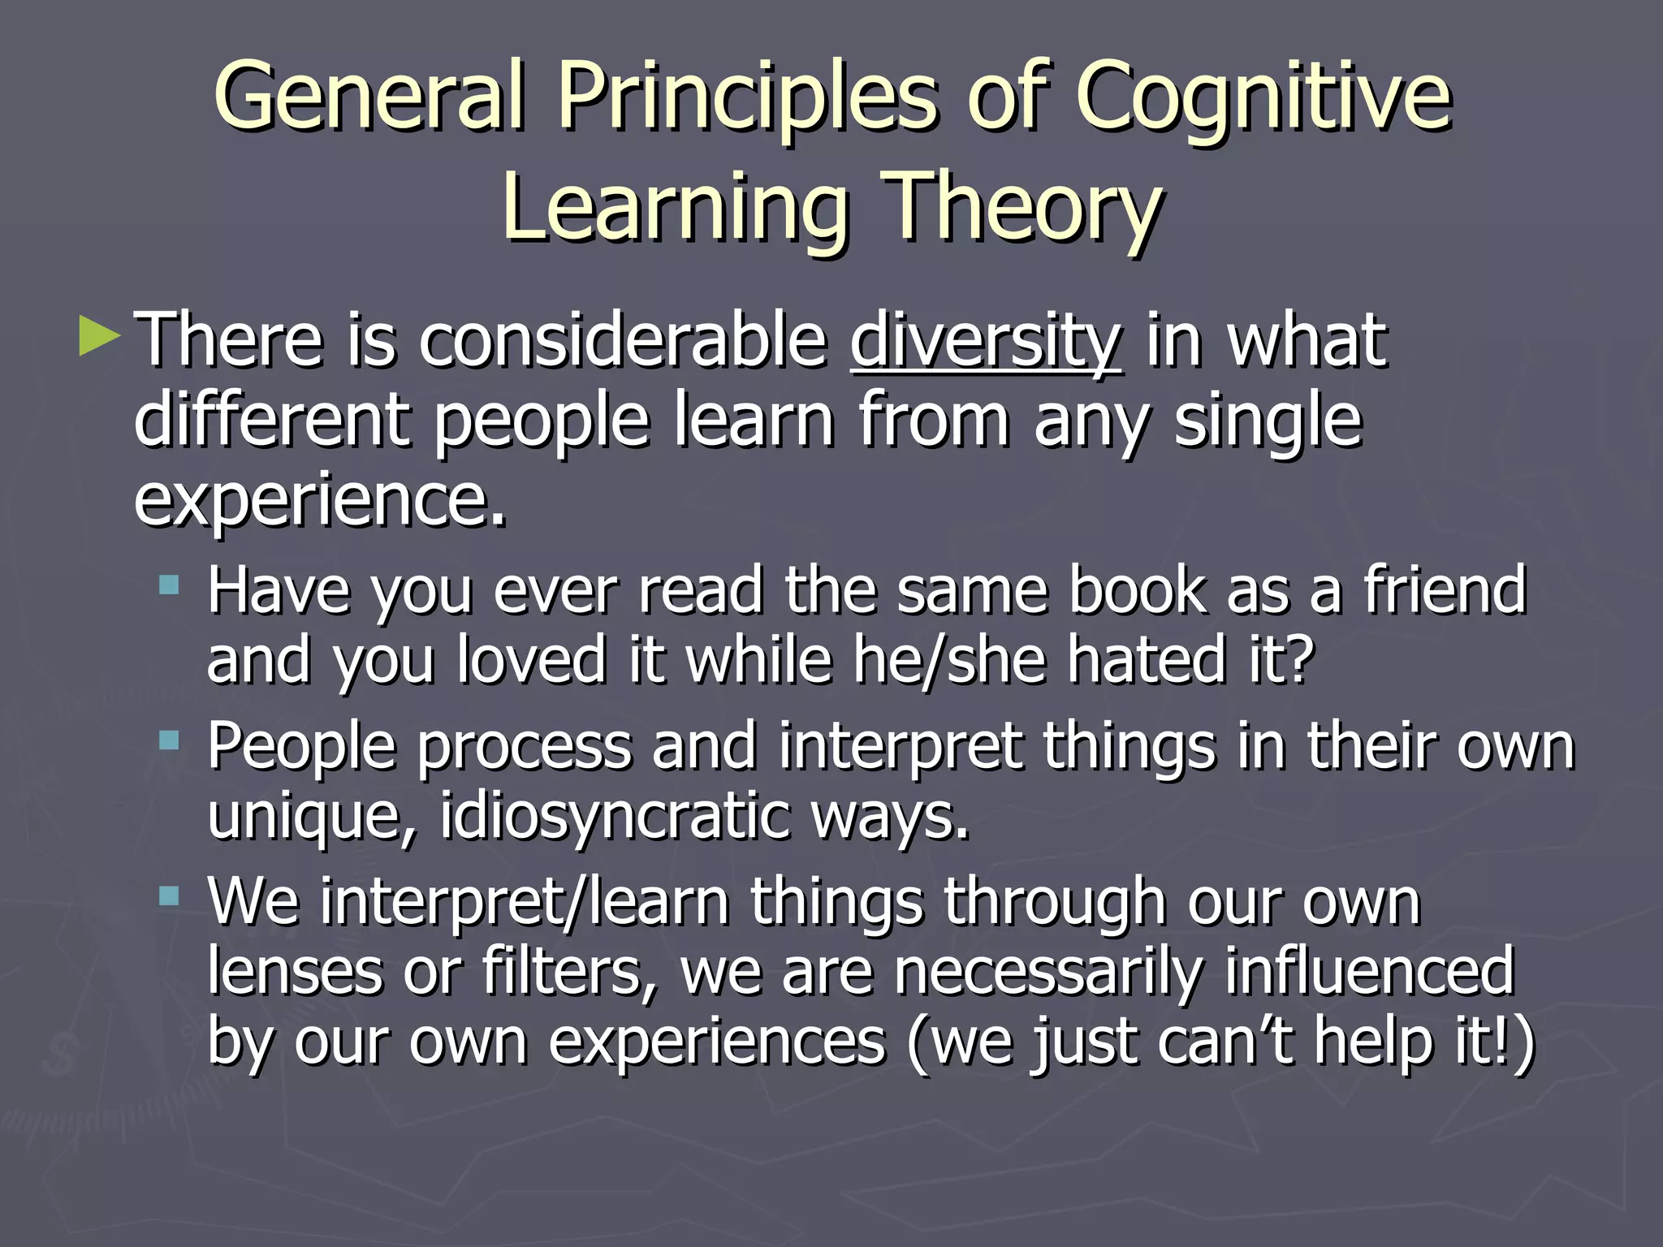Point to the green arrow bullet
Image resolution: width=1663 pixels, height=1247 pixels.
tap(99, 336)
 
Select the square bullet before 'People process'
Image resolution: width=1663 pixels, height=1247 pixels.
tap(169, 740)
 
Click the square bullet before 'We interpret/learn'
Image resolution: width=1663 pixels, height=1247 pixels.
tap(169, 896)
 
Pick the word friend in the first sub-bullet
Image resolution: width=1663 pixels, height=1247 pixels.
tap(1445, 590)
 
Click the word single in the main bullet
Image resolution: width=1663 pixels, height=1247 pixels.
tap(1268, 421)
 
